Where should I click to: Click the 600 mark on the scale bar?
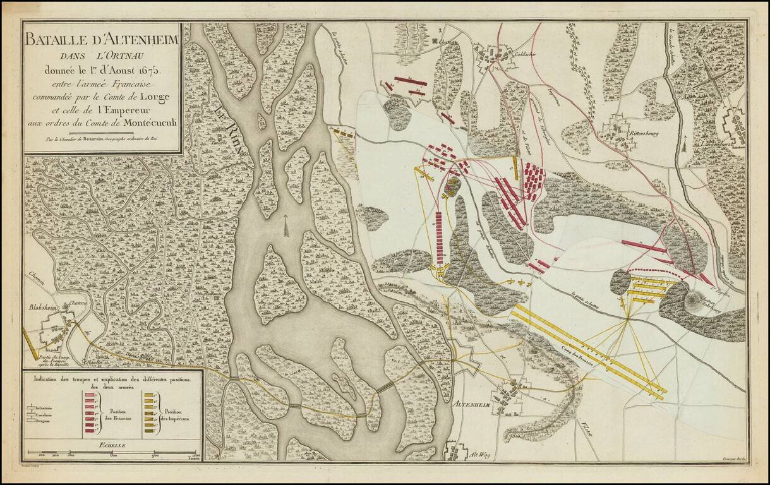pos(114,455)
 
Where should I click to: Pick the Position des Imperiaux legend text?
pos(179,415)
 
